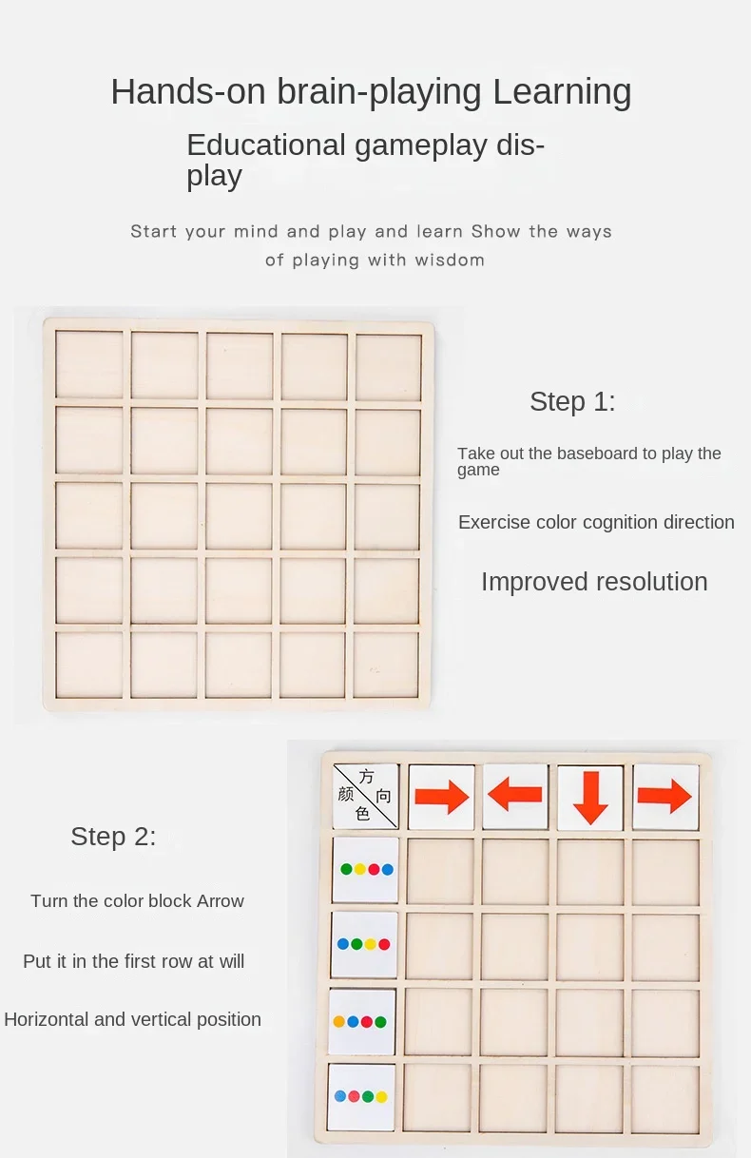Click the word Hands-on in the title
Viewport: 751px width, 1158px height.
point(188,91)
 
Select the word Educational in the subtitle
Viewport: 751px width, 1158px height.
point(265,145)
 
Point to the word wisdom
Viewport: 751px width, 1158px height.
point(450,260)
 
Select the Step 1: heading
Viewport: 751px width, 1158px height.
point(572,401)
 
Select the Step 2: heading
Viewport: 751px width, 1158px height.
point(113,837)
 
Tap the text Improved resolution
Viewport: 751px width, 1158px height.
point(594,583)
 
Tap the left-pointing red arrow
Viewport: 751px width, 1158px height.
point(514,795)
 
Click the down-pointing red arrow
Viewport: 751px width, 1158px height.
point(590,798)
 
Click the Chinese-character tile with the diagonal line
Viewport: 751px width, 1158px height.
point(365,796)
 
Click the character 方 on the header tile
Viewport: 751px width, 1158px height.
point(366,777)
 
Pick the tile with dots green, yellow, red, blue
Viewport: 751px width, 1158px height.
point(365,870)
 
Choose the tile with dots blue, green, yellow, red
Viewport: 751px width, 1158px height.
point(364,944)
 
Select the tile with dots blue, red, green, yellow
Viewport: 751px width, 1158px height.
point(361,1096)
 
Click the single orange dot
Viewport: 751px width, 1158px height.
point(339,1021)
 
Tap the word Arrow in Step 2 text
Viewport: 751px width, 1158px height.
point(221,901)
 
